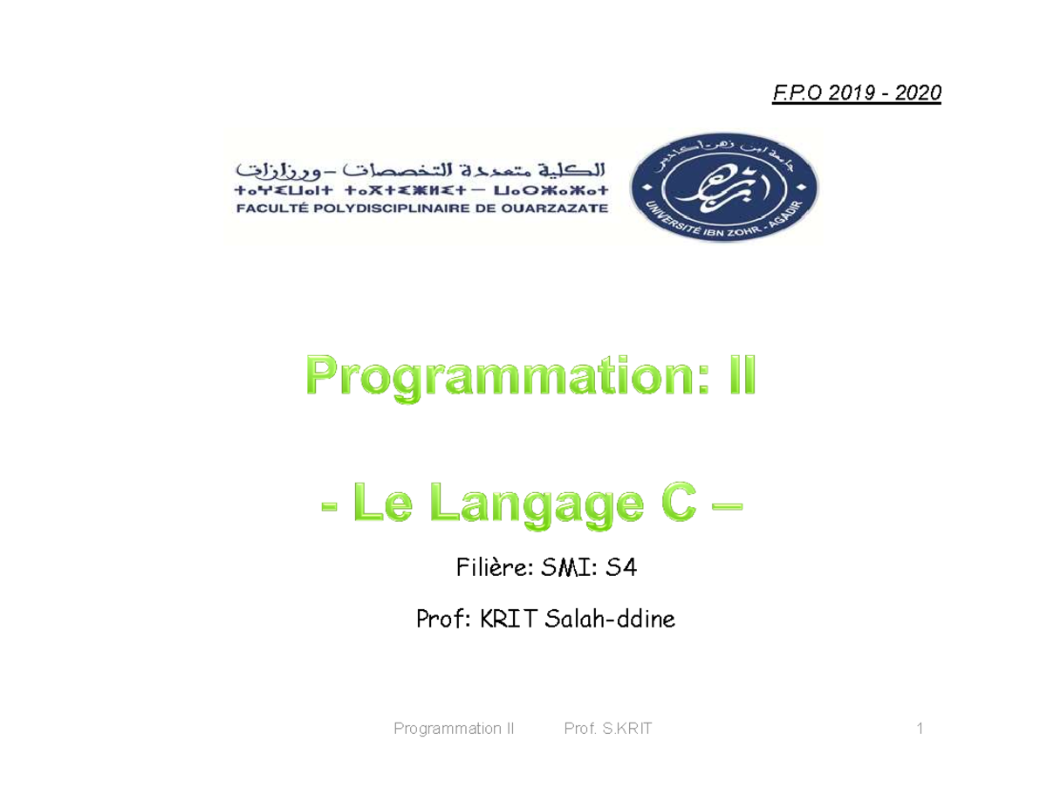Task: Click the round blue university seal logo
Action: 724,183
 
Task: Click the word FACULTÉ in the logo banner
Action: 270,209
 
